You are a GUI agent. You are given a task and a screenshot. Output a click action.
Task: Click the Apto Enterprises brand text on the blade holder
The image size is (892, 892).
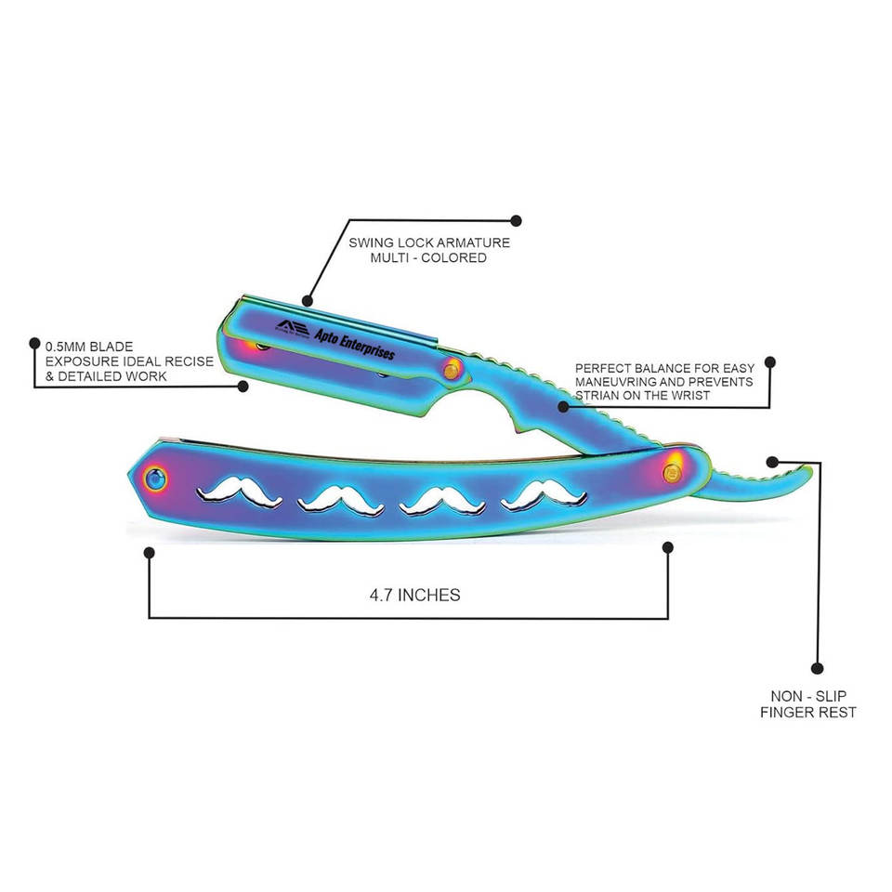pos(355,342)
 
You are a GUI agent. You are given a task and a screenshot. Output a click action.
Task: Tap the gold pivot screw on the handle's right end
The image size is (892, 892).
pos(670,471)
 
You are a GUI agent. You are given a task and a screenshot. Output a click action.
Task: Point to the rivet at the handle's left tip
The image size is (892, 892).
pos(153,479)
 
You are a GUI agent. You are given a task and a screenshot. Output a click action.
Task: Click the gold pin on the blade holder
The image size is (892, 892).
pos(452,370)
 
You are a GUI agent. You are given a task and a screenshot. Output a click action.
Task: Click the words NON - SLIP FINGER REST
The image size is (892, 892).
pos(807,703)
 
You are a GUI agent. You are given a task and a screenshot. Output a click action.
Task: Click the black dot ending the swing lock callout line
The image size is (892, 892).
pos(517,221)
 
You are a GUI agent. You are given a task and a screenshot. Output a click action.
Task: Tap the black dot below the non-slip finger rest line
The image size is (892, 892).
pos(818,667)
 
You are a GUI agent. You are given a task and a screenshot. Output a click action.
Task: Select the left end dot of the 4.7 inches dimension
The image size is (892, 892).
pos(149,552)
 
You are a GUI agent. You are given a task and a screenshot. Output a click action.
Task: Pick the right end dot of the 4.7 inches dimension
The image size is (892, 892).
pos(666,547)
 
